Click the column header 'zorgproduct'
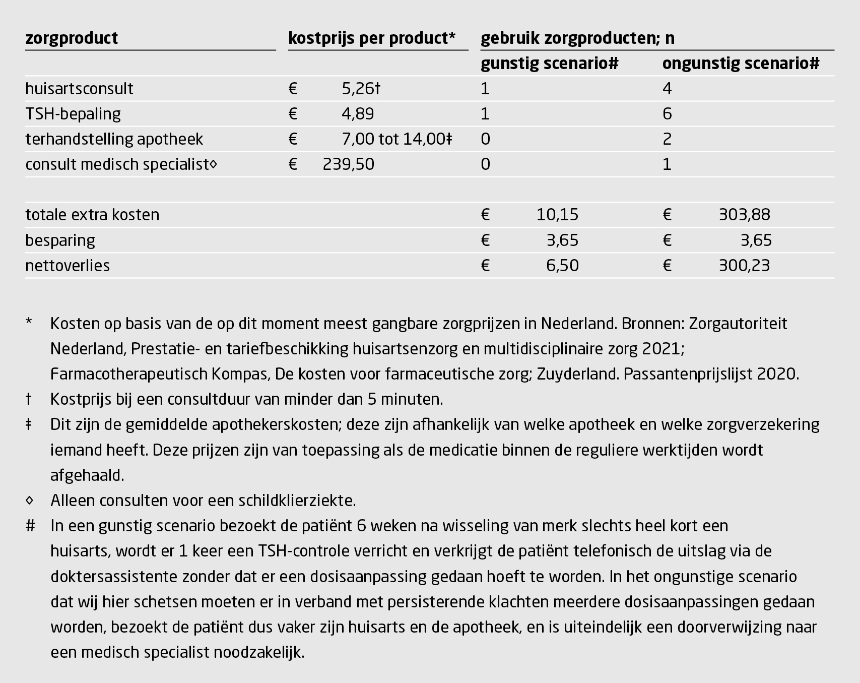(72, 38)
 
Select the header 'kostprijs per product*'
(371, 38)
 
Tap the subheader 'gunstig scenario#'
(549, 64)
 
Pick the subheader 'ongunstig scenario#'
(741, 64)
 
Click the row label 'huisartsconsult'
(79, 89)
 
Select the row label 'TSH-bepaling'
(73, 114)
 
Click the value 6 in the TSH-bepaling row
(667, 114)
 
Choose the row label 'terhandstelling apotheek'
(114, 139)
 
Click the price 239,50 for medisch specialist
(348, 164)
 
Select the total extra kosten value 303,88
(744, 215)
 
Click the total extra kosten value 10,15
(557, 215)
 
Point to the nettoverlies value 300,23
(744, 266)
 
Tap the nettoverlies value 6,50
(562, 266)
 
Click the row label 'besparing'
(60, 240)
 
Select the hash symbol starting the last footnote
(30, 526)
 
